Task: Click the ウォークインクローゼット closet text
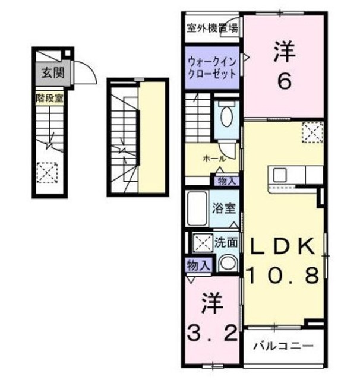[212, 67]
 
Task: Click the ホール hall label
[213, 159]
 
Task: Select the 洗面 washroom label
[226, 242]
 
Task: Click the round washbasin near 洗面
[226, 262]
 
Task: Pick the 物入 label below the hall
[228, 180]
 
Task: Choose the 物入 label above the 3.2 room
[197, 265]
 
